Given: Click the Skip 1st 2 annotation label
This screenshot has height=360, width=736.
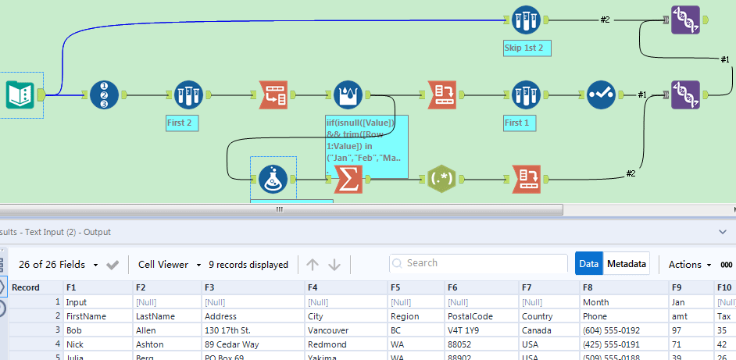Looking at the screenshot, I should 528,48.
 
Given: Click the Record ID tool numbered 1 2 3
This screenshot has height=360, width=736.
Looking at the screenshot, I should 104,95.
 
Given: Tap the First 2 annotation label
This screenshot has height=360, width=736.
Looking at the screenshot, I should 179,123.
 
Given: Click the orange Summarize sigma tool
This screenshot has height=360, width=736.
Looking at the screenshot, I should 348,180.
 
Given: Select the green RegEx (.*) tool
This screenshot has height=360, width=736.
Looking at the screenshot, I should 441,180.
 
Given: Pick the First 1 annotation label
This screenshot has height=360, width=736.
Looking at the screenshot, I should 517,123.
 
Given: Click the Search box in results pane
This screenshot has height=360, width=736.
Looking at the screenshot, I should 478,264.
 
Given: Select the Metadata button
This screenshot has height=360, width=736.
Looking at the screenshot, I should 627,264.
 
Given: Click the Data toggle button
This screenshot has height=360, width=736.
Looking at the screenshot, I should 589,264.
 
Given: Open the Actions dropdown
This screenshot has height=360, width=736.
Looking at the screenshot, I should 690,265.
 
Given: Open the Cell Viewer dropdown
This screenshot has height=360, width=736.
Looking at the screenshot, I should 170,265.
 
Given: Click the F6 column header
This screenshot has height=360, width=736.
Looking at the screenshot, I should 453,287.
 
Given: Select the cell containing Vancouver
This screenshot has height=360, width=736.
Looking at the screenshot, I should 328,330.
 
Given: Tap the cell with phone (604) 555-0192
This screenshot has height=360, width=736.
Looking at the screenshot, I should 610,330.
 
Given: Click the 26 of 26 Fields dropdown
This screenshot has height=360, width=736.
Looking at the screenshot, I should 56,265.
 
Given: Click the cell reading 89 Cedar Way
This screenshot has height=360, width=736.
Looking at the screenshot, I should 232,344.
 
